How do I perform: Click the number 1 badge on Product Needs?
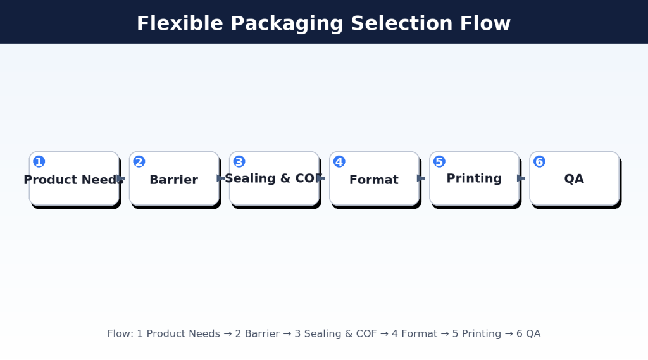tap(39, 162)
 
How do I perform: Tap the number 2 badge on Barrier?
tap(139, 162)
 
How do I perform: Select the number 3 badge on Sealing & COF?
tap(239, 162)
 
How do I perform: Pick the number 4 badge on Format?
tap(339, 162)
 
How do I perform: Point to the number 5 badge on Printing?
tap(439, 162)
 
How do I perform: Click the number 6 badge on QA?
tap(539, 162)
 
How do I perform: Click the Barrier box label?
tap(173, 180)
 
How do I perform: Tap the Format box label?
tap(373, 180)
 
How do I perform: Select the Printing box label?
tap(474, 178)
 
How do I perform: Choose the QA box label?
tap(574, 179)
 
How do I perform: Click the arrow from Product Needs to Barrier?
tap(121, 179)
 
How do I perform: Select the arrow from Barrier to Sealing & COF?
tap(221, 178)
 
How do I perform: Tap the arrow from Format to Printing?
tap(421, 178)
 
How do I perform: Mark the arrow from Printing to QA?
tap(521, 178)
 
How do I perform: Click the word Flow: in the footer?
tap(120, 333)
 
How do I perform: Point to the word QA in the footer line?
tap(533, 333)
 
